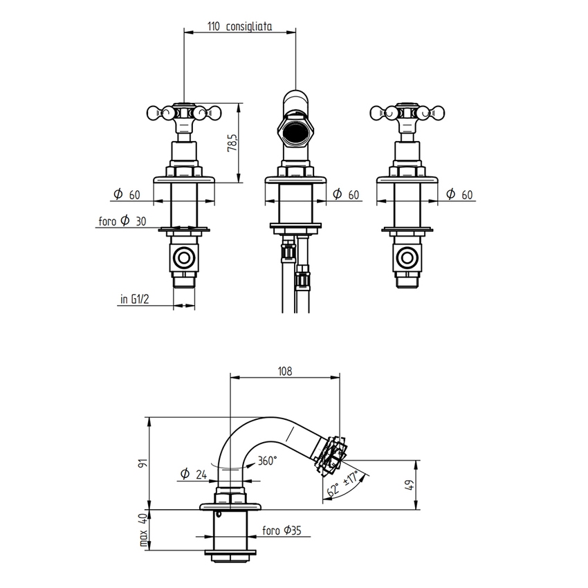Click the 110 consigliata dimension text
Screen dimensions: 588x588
[x=239, y=26]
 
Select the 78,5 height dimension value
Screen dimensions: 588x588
[x=233, y=143]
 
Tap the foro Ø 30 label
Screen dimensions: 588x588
[x=122, y=222]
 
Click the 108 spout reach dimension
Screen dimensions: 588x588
[x=284, y=371]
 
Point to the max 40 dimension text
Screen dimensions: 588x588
[x=144, y=530]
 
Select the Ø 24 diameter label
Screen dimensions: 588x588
[x=194, y=474]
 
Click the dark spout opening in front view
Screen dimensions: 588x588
[x=295, y=131]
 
